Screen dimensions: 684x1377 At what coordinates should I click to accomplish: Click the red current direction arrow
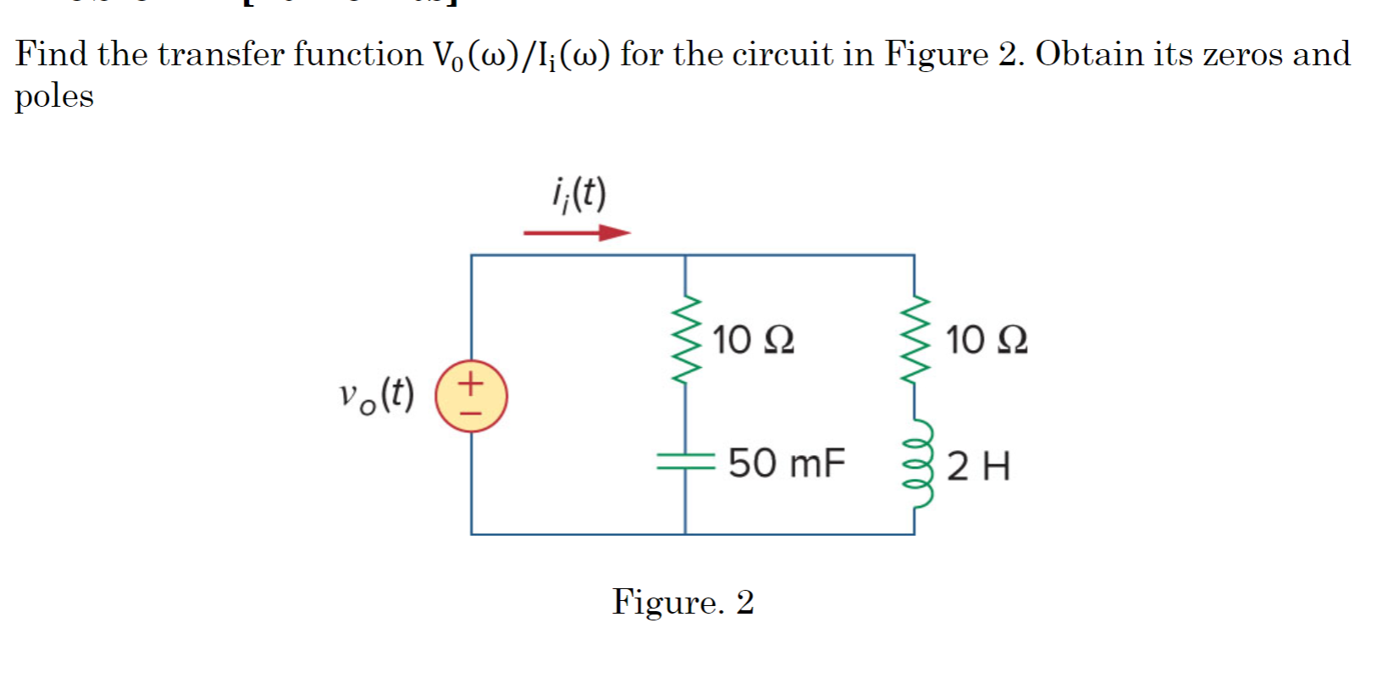point(577,232)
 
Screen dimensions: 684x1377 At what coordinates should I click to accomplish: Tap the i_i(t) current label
point(578,196)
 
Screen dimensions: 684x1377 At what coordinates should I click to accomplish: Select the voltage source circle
point(472,396)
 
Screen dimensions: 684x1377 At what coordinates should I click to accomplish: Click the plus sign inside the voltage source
point(472,382)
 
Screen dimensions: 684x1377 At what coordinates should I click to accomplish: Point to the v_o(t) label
point(376,396)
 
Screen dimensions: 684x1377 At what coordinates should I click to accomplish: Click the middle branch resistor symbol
point(685,339)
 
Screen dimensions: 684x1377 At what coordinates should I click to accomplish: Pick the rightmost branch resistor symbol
point(915,339)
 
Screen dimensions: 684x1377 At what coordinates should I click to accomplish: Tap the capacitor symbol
point(685,461)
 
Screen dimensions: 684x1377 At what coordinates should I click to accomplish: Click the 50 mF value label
point(786,464)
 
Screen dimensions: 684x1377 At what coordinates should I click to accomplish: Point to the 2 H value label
point(978,466)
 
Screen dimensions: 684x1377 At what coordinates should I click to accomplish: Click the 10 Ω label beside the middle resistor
point(753,340)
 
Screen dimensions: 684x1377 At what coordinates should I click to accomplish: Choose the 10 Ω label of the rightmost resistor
point(986,340)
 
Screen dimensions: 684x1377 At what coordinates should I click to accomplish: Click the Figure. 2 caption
point(683,602)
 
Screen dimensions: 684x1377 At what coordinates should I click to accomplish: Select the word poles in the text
point(54,97)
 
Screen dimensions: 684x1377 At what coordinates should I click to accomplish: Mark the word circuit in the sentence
point(783,54)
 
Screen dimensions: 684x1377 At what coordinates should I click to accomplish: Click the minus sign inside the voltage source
point(472,413)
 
